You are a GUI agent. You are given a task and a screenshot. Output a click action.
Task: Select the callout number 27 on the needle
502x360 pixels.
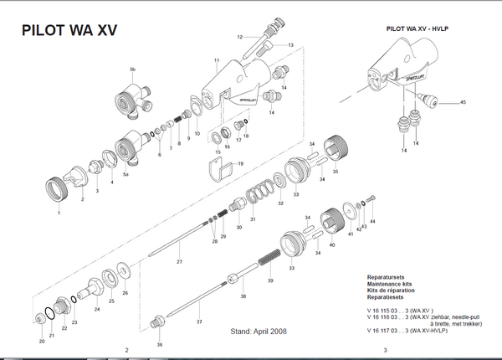(x=179, y=263)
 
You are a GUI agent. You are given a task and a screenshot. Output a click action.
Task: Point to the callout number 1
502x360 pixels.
(x=59, y=213)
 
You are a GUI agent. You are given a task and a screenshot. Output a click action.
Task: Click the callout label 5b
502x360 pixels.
(x=132, y=68)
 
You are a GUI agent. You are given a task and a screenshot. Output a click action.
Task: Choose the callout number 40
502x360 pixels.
(x=332, y=245)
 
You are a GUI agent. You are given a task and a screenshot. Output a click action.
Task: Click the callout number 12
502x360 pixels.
(x=239, y=37)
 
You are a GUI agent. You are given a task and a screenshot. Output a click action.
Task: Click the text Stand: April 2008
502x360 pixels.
(x=258, y=332)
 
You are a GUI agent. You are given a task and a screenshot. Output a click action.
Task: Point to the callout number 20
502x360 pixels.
(x=42, y=340)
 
